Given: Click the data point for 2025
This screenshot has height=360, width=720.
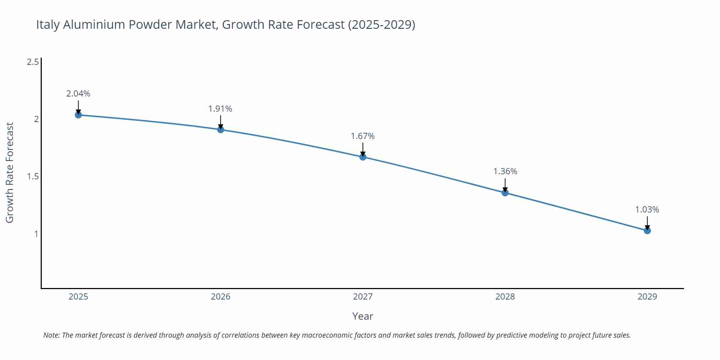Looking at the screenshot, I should click(x=78, y=115).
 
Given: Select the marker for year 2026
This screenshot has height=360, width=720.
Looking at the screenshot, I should click(x=221, y=130).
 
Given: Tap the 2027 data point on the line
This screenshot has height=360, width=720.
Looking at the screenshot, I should click(x=363, y=157).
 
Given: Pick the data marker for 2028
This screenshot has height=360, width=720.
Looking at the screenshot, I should click(x=505, y=193).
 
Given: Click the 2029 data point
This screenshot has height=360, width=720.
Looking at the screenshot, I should click(x=647, y=230).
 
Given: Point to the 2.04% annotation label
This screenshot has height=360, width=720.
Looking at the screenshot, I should click(x=78, y=94).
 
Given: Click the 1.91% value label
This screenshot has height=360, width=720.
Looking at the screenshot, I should click(x=220, y=109).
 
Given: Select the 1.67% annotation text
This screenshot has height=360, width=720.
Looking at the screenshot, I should click(x=363, y=136).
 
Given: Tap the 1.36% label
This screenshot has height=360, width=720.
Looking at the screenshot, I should click(x=505, y=171).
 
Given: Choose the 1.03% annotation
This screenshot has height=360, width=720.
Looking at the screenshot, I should click(x=647, y=210).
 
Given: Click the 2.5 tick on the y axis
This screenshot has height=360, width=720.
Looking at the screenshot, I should click(x=33, y=62).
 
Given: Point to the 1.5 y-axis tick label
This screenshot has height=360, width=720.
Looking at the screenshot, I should click(x=33, y=176).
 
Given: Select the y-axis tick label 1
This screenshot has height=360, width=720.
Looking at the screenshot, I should click(x=36, y=234).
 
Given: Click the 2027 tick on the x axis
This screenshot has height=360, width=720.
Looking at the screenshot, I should click(x=363, y=297).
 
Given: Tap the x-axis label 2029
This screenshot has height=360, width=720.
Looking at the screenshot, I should click(x=647, y=297).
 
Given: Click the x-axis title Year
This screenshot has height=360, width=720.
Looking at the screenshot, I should click(x=363, y=316).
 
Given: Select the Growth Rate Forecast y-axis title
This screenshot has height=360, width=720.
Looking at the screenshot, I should click(x=10, y=172).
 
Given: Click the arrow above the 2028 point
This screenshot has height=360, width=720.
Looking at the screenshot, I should click(x=505, y=185).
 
